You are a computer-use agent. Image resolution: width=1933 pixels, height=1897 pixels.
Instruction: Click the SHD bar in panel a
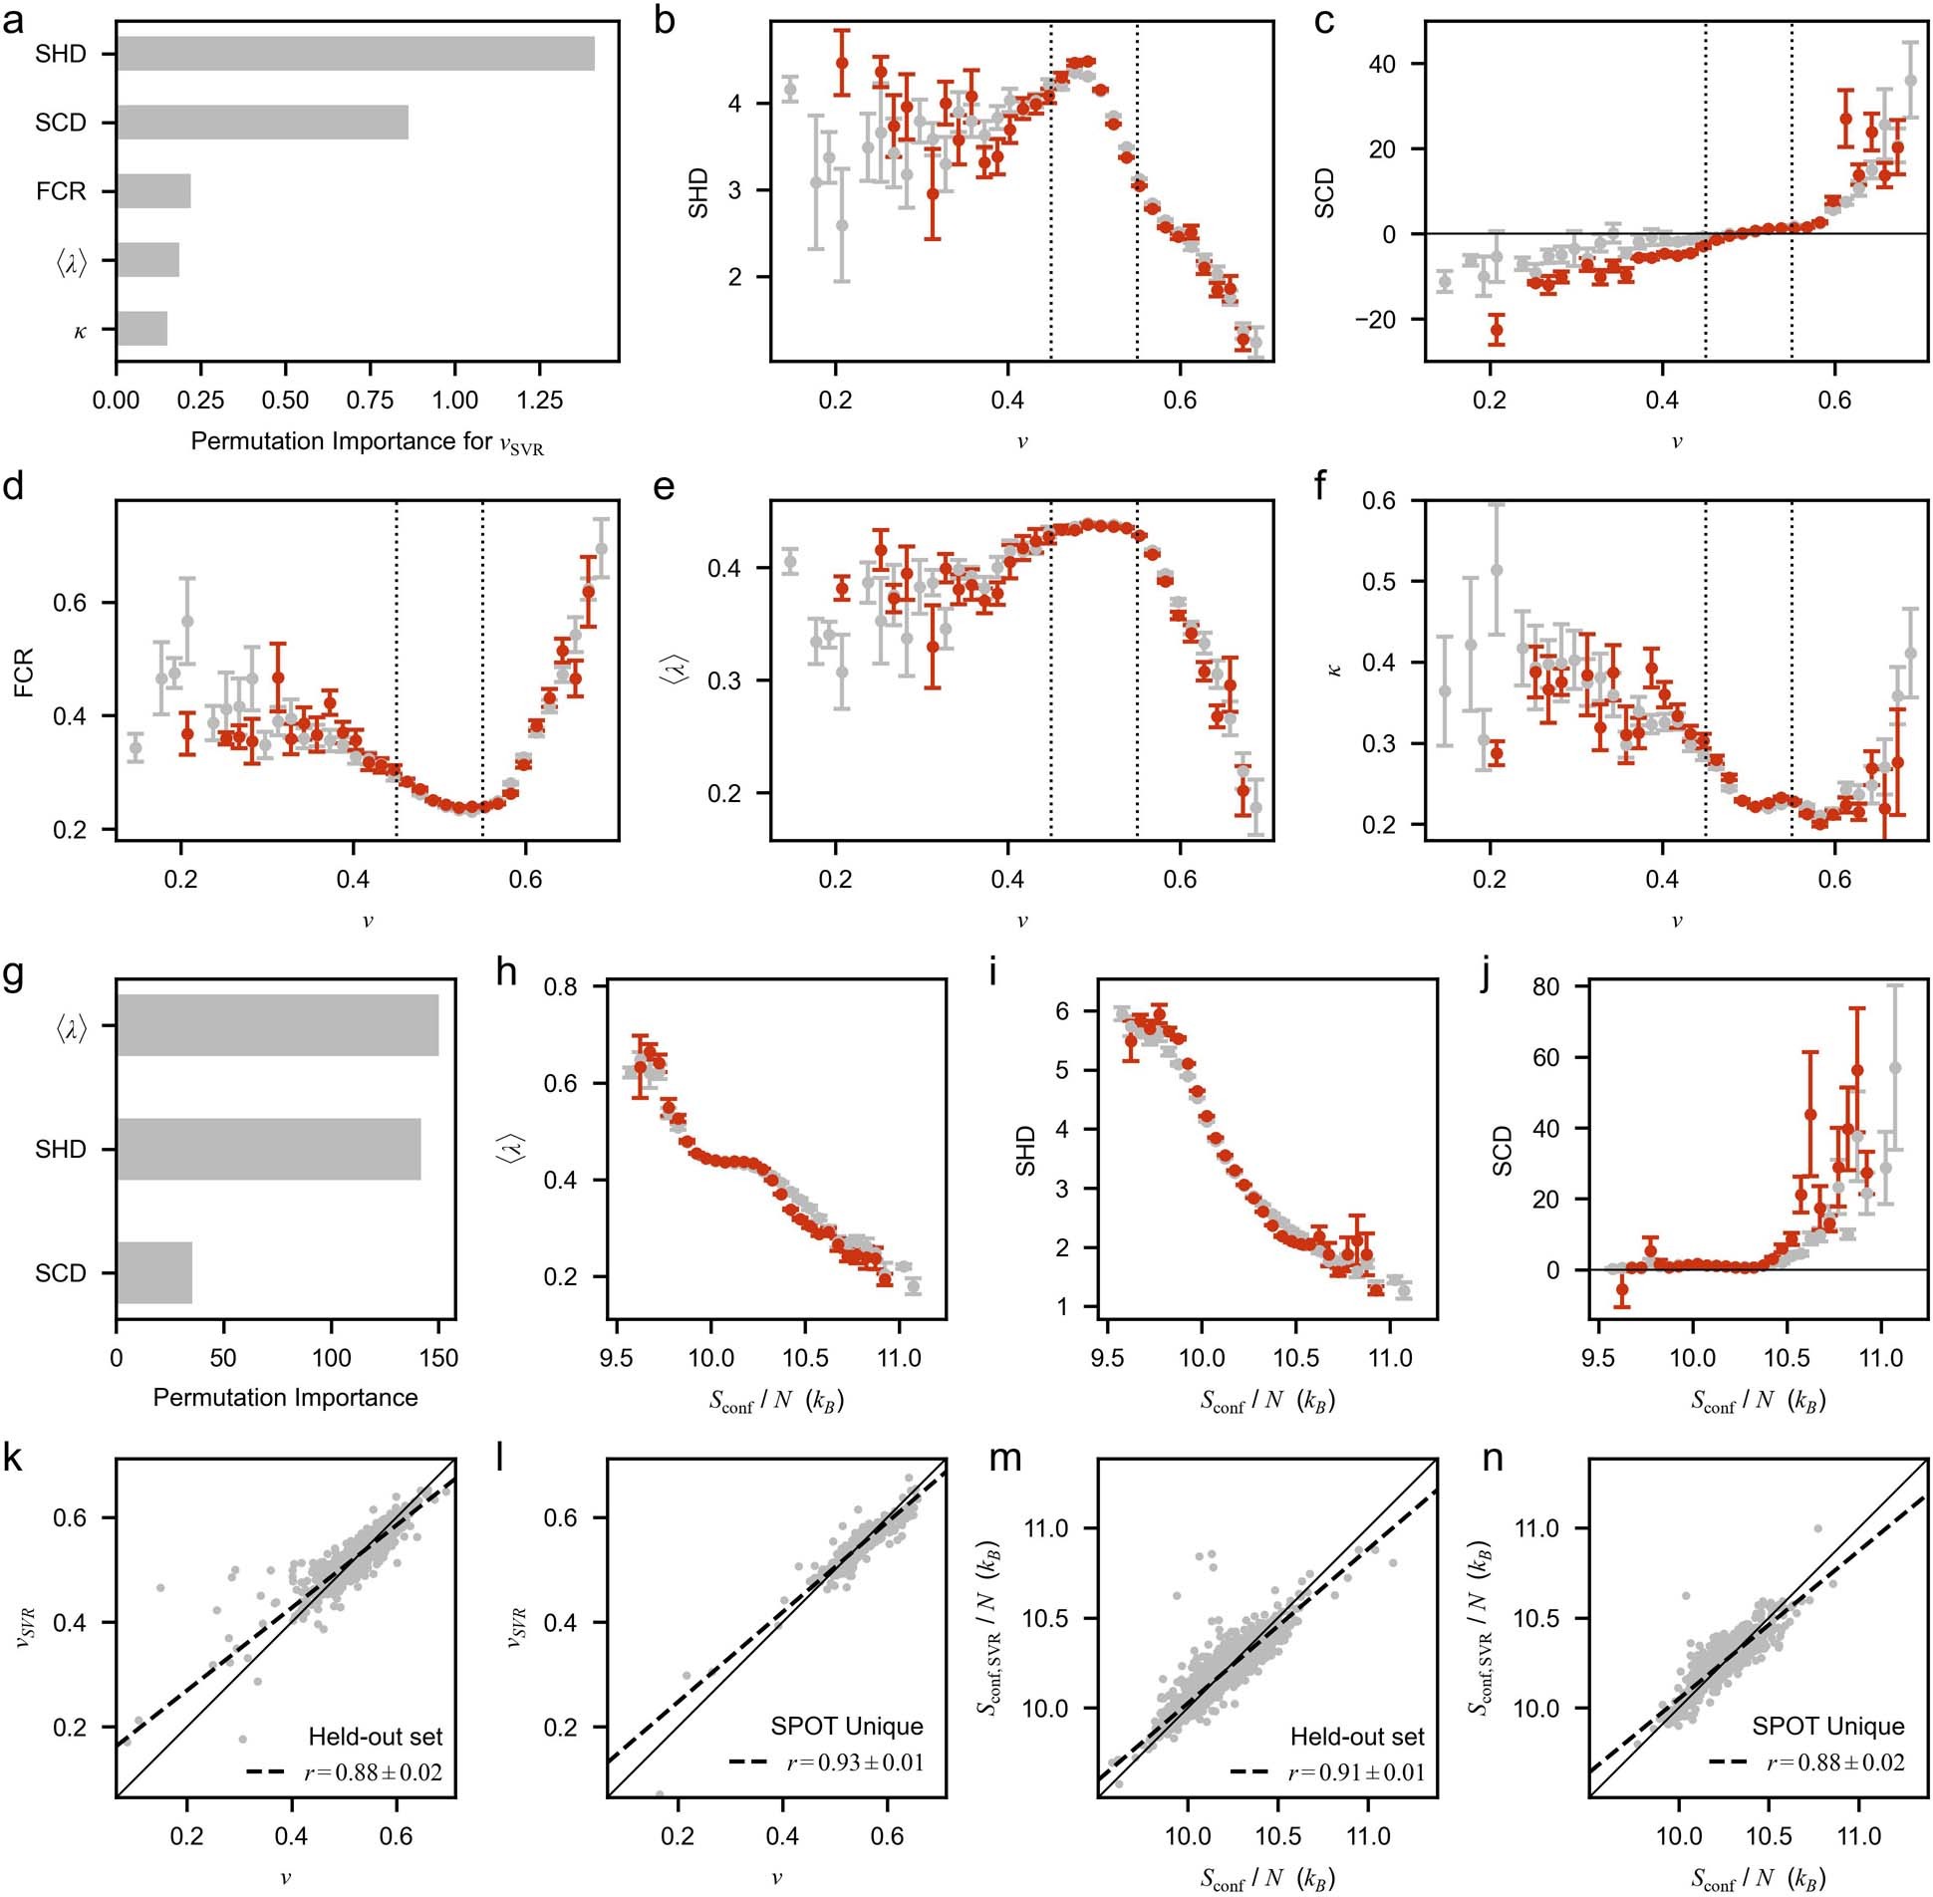355,54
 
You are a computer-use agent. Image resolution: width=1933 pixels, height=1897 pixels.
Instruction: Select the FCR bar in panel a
153,190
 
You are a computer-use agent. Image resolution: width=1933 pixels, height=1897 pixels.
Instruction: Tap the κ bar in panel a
141,329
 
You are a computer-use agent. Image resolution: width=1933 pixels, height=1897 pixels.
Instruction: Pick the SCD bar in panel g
154,1272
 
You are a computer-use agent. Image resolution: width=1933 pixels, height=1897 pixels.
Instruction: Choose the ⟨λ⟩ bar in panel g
277,1025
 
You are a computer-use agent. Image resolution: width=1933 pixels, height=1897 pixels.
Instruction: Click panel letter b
666,20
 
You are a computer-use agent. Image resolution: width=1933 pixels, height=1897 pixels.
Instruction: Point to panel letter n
1493,1458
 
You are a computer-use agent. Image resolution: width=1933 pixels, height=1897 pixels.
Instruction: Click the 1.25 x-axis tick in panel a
539,400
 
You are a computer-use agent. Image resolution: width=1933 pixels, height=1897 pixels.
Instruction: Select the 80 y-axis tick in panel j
1546,986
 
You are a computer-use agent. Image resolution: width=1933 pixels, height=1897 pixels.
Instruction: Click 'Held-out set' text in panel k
375,1737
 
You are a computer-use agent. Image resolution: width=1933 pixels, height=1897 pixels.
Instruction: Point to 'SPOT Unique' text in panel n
1827,1726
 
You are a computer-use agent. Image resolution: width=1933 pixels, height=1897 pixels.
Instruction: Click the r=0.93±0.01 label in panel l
855,1762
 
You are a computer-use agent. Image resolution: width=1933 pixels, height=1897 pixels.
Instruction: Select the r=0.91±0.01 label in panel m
1356,1772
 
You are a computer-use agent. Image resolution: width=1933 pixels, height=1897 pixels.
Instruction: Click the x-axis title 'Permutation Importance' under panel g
285,1397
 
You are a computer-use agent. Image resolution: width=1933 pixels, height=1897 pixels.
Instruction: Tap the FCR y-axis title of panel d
24,672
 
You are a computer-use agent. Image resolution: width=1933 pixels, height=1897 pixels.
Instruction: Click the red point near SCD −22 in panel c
1496,330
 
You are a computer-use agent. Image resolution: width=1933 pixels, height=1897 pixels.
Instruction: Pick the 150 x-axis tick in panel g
438,1357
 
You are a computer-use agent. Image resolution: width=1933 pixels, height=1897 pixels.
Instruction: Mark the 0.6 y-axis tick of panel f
1379,500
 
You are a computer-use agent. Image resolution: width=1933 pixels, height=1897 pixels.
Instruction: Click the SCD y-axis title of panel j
1502,1151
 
